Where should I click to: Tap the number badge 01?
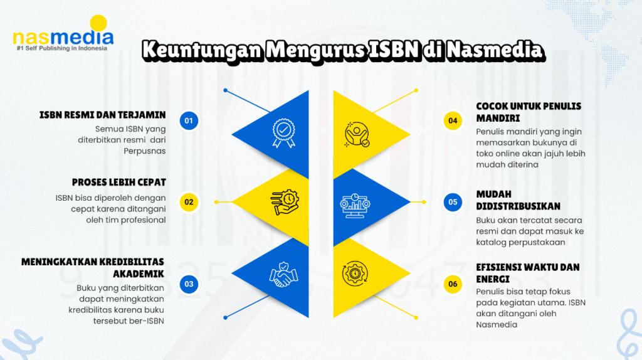click(x=189, y=121)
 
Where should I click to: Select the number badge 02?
click(x=189, y=202)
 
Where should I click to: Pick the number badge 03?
click(x=189, y=284)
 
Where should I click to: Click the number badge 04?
click(x=453, y=121)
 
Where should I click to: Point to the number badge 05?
click(x=453, y=202)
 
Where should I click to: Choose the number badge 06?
click(x=453, y=284)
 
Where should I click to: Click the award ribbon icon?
click(x=284, y=131)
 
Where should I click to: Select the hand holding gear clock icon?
click(x=284, y=203)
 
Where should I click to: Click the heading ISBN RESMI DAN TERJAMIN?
click(x=102, y=115)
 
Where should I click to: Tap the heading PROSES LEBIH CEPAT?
click(x=118, y=182)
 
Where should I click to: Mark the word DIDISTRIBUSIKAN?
click(x=518, y=206)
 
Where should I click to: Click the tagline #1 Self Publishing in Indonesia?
click(x=61, y=48)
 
